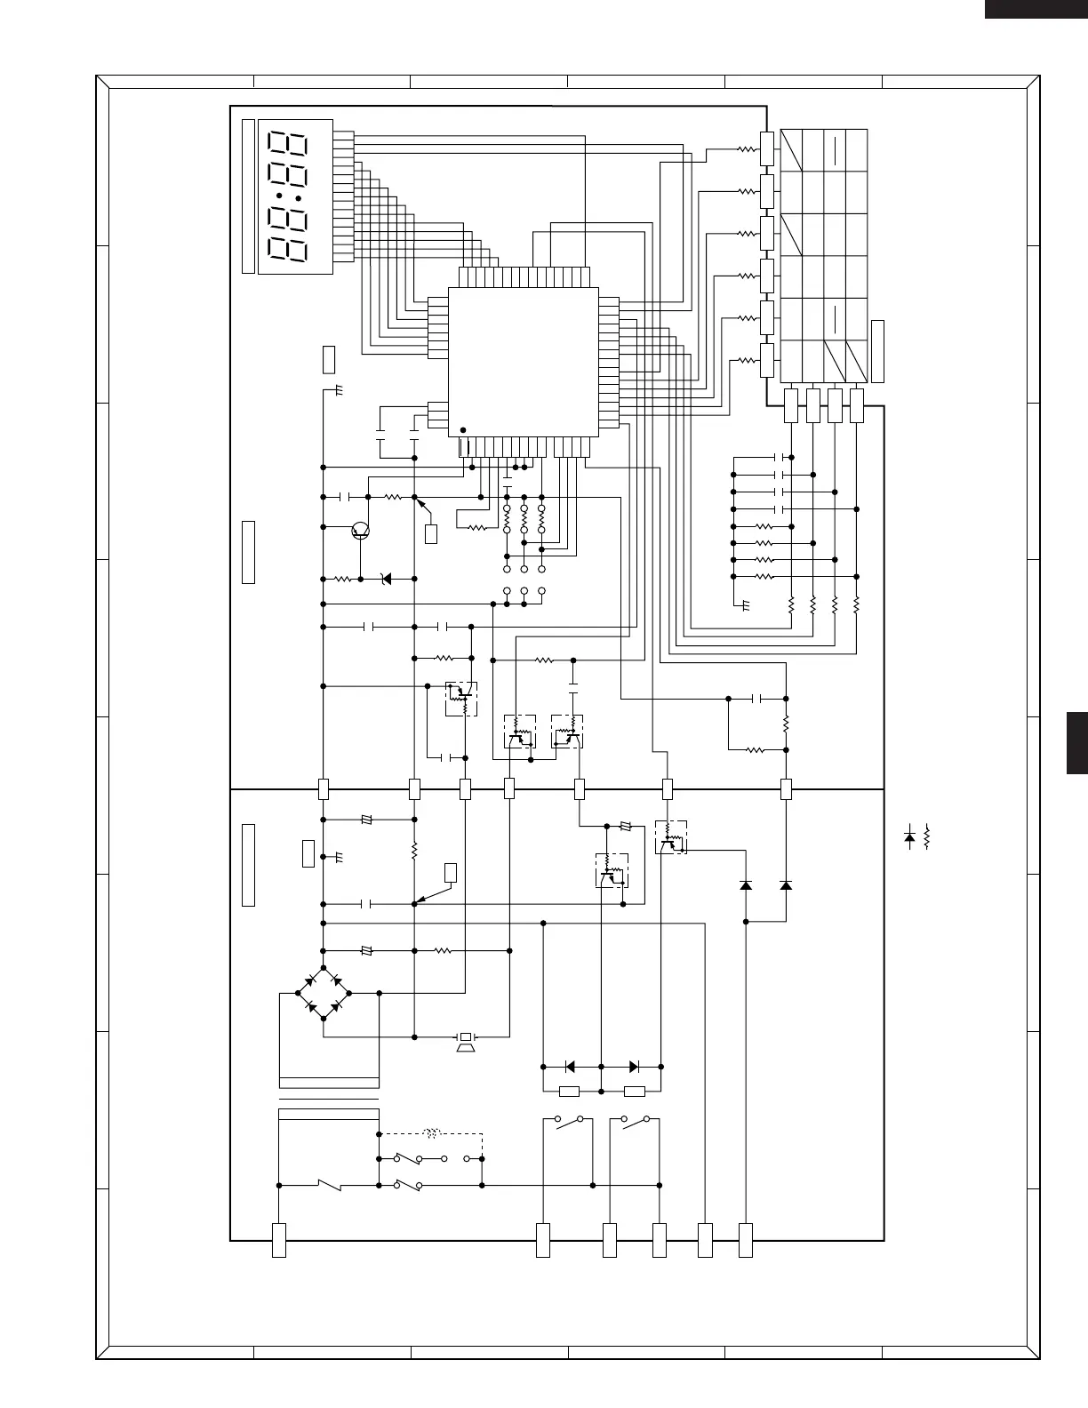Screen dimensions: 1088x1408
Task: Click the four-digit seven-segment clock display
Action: [294, 196]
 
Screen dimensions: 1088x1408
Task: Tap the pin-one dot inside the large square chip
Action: [462, 430]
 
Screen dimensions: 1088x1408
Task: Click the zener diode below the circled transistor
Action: [386, 579]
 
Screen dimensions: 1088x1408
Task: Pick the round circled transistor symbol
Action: [360, 531]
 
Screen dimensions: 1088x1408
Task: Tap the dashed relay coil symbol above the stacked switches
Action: [433, 1134]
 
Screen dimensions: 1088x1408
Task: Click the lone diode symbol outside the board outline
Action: [909, 836]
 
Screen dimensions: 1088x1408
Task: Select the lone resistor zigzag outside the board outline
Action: [927, 836]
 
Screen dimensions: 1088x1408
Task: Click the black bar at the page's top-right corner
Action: [1036, 8]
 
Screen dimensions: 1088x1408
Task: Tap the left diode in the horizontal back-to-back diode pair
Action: [570, 1067]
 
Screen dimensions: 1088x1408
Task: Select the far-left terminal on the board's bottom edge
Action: [278, 1240]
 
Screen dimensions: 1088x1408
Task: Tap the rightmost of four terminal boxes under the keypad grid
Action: [857, 405]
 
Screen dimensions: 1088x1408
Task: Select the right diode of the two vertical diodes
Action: [786, 885]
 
